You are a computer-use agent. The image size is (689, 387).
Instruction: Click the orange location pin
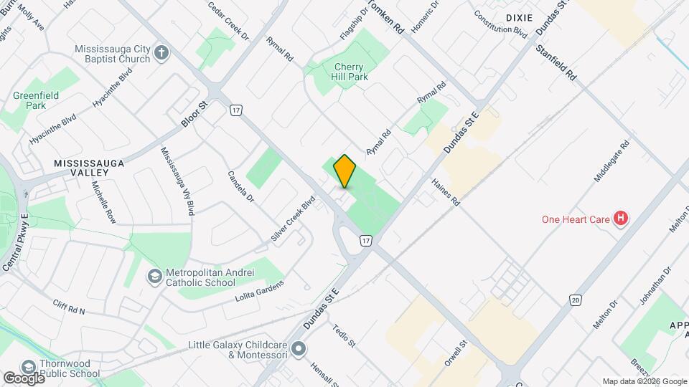click(x=344, y=171)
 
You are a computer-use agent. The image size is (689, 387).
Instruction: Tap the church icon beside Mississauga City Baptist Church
click(x=161, y=52)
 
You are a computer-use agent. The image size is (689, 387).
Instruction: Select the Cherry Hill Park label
click(x=350, y=72)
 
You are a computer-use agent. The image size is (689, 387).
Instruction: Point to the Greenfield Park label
click(x=35, y=100)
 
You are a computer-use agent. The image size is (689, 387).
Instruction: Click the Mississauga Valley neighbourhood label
click(x=90, y=168)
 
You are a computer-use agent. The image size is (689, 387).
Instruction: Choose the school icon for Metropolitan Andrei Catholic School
click(x=154, y=276)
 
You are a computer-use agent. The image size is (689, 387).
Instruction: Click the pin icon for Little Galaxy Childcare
click(x=299, y=350)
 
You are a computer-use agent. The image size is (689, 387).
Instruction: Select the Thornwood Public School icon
click(x=29, y=367)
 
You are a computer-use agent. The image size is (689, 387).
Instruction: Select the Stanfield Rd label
click(x=556, y=62)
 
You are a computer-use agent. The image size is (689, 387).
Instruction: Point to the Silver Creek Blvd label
click(x=293, y=218)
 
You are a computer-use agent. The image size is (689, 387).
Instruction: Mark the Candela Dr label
click(x=241, y=185)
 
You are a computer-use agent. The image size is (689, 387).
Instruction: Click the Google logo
click(x=24, y=378)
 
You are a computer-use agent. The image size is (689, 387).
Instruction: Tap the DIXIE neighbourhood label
click(x=519, y=16)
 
